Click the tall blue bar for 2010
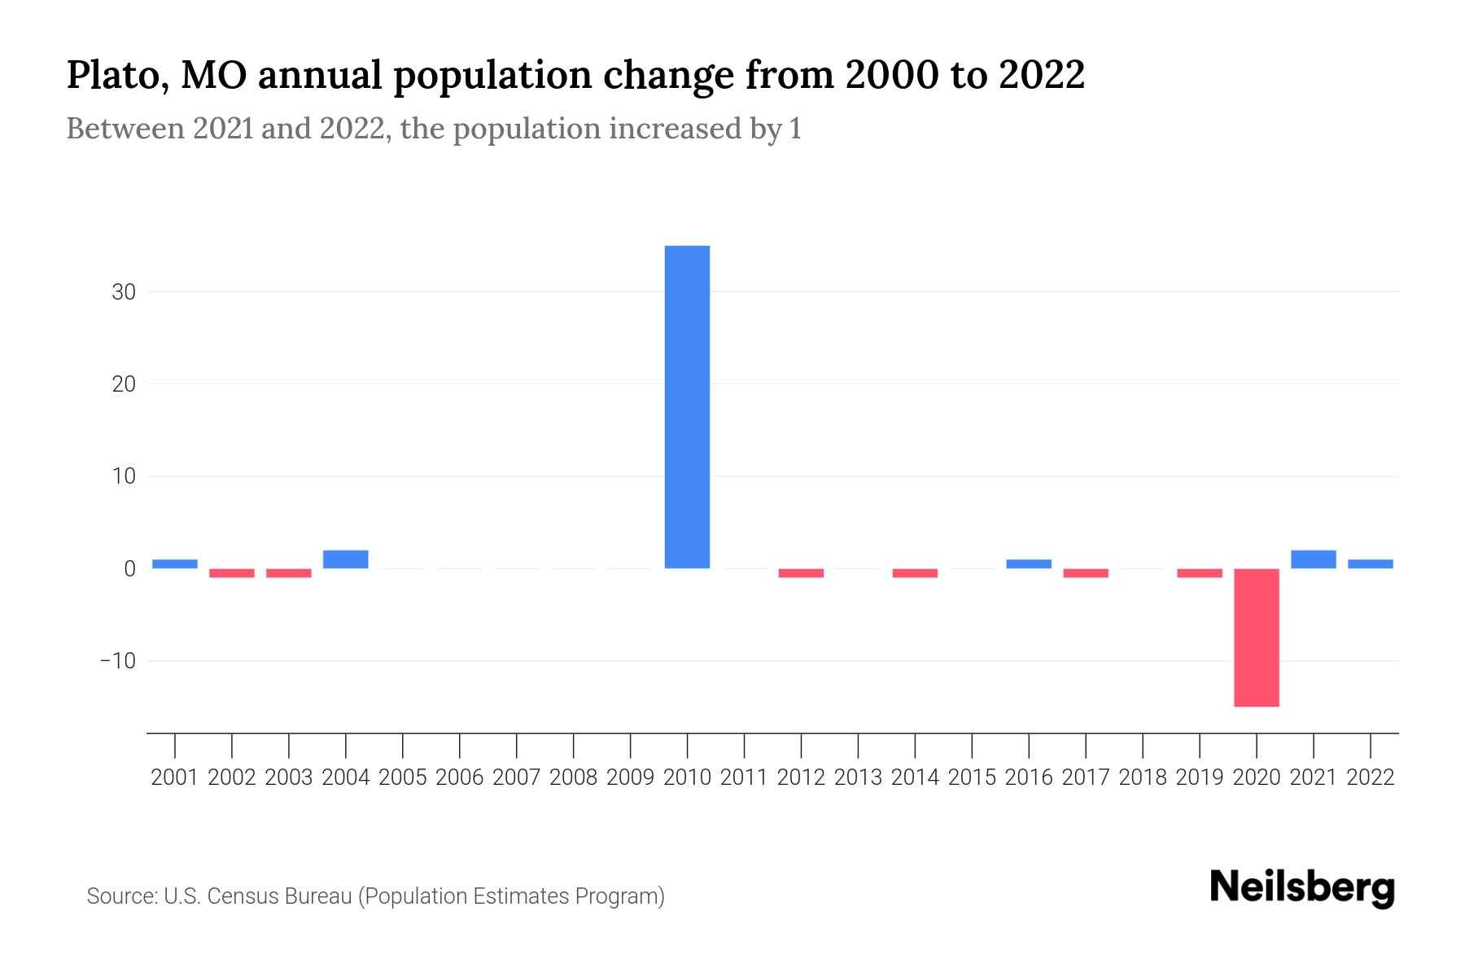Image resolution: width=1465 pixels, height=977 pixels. [x=687, y=407]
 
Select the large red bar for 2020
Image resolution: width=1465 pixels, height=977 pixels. [x=1256, y=637]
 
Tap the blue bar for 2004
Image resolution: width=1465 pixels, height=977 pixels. [x=345, y=559]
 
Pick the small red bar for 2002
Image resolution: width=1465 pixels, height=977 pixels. [x=232, y=573]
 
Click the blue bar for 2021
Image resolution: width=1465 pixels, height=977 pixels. [x=1313, y=559]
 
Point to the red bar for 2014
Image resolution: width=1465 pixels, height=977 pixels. [x=915, y=573]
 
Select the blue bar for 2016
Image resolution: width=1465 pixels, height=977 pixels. [x=1029, y=563]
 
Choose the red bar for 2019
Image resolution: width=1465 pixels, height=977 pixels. [x=1199, y=573]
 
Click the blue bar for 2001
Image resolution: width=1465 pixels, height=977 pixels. [x=175, y=563]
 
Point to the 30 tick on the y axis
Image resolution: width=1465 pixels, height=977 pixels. [x=124, y=291]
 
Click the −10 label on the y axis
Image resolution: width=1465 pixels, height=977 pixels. [x=118, y=660]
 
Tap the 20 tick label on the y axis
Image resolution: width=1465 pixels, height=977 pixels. [x=124, y=383]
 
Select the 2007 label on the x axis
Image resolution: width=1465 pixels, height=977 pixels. [x=516, y=778]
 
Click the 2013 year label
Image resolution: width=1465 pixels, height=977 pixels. [x=858, y=778]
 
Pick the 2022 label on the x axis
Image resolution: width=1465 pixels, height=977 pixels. [x=1371, y=778]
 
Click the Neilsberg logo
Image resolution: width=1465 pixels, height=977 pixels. [x=1302, y=888]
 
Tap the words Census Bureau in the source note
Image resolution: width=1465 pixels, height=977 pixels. [x=279, y=896]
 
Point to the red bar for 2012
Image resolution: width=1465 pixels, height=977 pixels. [x=801, y=573]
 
